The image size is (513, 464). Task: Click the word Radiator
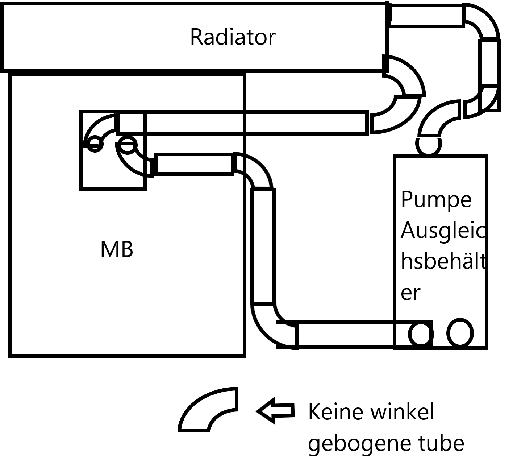point(233,37)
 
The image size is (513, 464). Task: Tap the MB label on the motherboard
point(116,249)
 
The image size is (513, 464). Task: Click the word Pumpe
point(436,199)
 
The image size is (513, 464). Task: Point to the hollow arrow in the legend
point(275,411)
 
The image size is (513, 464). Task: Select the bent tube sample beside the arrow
point(208,411)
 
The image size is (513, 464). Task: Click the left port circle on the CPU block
point(95,144)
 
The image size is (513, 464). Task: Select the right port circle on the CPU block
point(127,144)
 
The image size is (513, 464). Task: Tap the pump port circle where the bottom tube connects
point(421,334)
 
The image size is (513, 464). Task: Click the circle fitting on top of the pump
point(429,144)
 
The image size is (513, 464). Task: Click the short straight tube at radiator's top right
point(426,15)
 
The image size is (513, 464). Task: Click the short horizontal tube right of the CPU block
point(194,164)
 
